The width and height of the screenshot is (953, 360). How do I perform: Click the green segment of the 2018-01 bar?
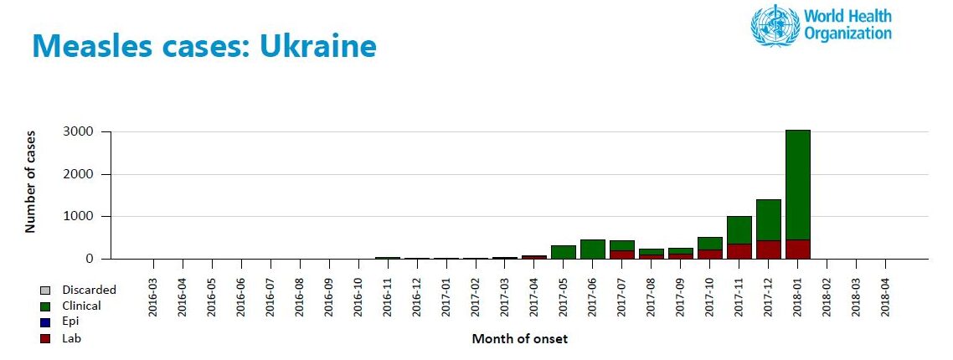[x=798, y=185]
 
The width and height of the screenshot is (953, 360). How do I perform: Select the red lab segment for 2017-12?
[x=769, y=249]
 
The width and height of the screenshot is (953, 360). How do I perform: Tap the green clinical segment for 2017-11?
[x=739, y=230]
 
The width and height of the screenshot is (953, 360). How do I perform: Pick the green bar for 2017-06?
[x=593, y=249]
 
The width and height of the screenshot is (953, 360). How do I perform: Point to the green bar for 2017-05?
[x=564, y=252]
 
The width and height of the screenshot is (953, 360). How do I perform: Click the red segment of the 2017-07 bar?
[x=622, y=255]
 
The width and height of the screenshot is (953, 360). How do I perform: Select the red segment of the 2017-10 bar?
[x=710, y=255]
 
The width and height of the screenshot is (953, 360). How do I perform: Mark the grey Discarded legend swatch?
[x=45, y=290]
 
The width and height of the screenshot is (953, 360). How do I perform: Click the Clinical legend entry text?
[x=81, y=306]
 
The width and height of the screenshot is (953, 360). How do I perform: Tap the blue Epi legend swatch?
[x=45, y=322]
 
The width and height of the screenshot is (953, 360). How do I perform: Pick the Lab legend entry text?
[x=71, y=339]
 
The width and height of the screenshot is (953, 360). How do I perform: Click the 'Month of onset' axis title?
[x=520, y=339]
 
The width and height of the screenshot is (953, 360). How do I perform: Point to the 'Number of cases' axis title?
[x=30, y=181]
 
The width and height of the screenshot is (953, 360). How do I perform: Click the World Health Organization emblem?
[x=775, y=26]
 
